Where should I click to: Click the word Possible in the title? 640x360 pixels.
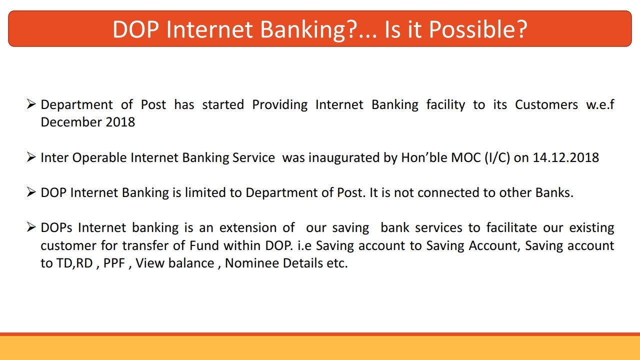(x=478, y=29)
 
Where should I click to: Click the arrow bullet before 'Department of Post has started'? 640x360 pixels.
(x=31, y=104)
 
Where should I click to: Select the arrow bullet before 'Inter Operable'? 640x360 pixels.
(x=31, y=157)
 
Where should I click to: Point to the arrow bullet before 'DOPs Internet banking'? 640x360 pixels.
(x=31, y=227)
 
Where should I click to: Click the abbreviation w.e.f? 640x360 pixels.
(x=600, y=104)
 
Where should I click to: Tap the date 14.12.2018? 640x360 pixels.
(x=565, y=157)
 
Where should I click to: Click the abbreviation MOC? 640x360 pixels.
(x=466, y=157)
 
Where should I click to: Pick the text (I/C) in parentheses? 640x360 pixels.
(x=497, y=158)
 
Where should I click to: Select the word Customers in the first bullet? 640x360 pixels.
(x=546, y=104)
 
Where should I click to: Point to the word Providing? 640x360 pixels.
(x=279, y=105)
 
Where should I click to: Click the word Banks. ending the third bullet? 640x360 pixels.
(x=554, y=193)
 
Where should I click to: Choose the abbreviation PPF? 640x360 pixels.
(x=114, y=263)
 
